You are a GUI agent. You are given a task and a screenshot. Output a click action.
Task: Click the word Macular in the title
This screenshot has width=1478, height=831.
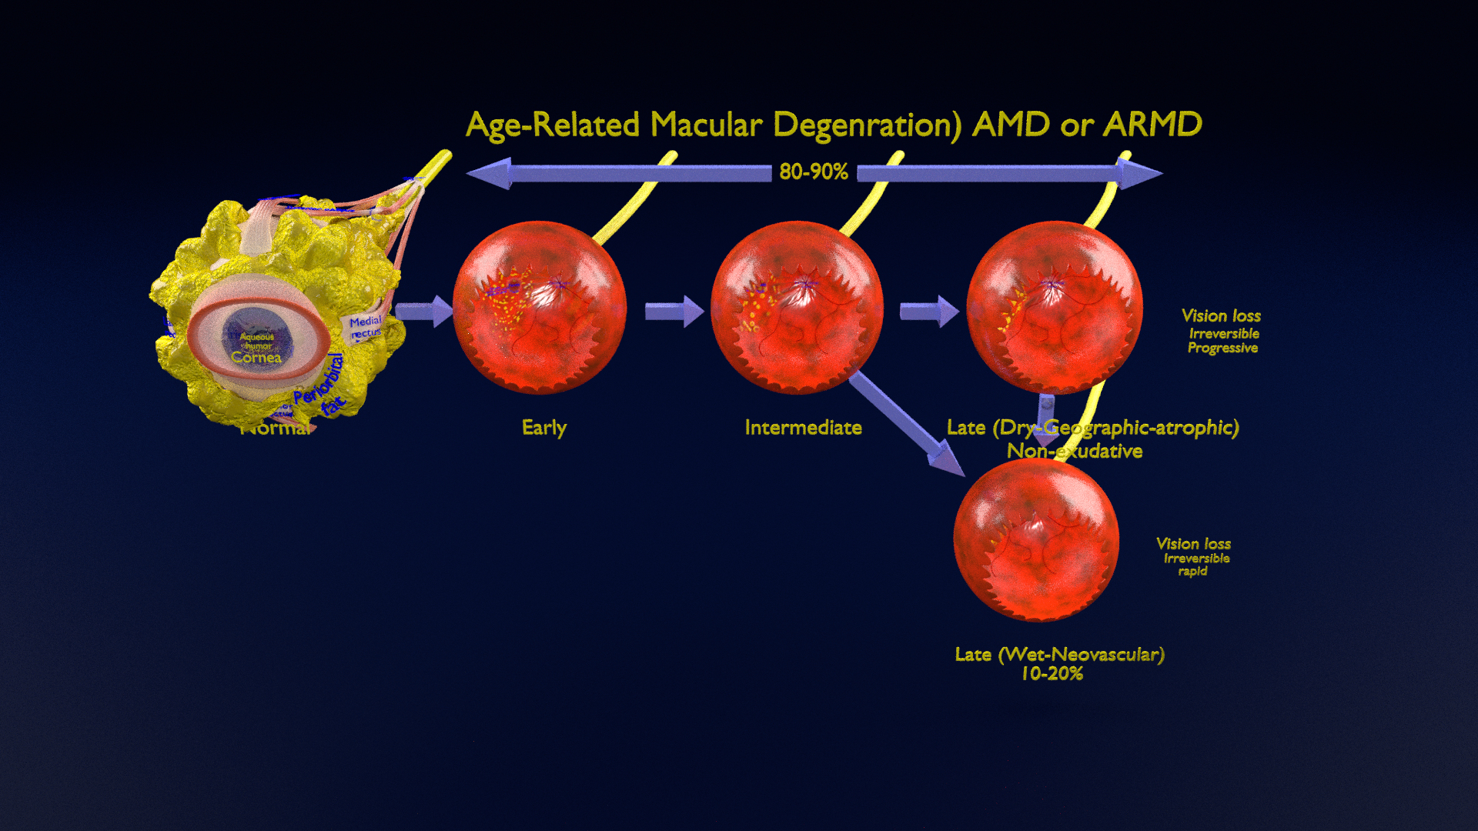click(706, 125)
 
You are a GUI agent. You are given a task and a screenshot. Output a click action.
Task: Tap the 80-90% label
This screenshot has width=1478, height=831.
click(813, 172)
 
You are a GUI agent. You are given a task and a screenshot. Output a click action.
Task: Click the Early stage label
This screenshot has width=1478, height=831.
click(543, 428)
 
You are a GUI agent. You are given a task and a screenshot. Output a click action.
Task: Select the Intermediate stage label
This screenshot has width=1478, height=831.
click(803, 428)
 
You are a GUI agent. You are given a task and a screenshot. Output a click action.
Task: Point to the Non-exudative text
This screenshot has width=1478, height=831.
click(1074, 451)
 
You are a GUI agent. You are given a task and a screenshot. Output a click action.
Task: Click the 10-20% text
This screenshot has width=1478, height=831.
click(1052, 673)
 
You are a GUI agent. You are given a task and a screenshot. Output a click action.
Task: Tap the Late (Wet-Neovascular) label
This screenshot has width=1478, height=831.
click(1059, 654)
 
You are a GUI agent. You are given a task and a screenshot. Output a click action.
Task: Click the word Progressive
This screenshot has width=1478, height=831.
click(1222, 348)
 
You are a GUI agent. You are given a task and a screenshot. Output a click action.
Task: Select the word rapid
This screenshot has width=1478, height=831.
click(1192, 571)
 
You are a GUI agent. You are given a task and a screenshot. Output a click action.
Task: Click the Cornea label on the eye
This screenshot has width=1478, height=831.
click(256, 357)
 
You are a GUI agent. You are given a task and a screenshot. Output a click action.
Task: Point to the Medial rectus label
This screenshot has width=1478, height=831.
click(365, 326)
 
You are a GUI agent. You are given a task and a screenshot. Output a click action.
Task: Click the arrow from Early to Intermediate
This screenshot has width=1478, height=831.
click(674, 312)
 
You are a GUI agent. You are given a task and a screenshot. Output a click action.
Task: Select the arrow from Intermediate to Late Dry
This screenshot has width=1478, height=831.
click(928, 312)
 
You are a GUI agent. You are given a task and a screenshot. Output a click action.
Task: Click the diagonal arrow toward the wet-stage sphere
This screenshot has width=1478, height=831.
click(908, 423)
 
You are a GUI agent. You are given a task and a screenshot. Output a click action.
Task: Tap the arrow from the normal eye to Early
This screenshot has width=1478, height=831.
click(423, 312)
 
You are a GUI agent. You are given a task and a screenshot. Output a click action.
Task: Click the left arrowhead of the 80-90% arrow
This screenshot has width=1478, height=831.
click(490, 173)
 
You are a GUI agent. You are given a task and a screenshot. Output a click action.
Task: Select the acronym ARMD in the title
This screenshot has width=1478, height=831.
click(1152, 125)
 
